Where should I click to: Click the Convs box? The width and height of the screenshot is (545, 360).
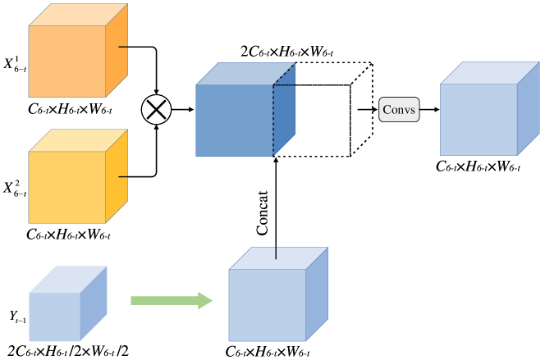coord(399,110)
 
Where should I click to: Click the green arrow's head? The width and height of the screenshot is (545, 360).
coord(205,301)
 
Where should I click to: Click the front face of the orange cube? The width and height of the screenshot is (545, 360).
coord(67,62)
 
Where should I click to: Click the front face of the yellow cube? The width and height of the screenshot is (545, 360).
coord(67,187)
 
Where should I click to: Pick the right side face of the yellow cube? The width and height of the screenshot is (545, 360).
coord(117,176)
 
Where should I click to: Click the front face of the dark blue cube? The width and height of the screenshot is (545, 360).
coord(234,120)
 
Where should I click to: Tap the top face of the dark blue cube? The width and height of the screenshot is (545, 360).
coord(245,74)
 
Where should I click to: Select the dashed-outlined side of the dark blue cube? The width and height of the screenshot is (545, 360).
coord(284,110)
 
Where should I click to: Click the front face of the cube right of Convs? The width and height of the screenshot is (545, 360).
coord(479,119)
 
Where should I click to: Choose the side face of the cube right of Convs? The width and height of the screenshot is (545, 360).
coord(528,108)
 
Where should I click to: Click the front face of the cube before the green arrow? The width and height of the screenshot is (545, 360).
coord(54,317)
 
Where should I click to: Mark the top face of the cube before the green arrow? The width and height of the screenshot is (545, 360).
coord(67,279)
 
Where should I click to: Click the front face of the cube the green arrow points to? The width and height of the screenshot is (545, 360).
coord(267,305)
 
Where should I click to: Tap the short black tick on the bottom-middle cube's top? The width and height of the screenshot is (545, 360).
coord(276,253)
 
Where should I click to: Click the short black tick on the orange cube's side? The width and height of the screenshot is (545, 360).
coord(123,47)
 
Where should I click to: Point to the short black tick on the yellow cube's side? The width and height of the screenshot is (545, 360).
coord(123,175)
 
